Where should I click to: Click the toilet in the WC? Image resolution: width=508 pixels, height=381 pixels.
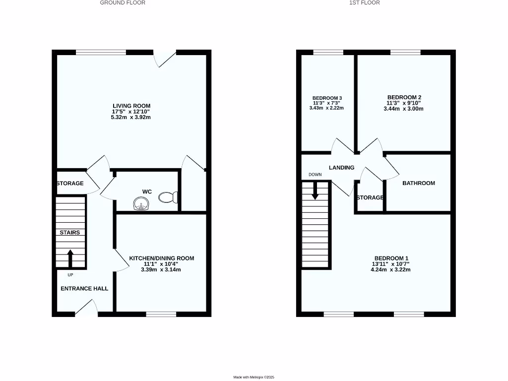tap(168, 197)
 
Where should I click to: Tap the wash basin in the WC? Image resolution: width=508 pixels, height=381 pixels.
tap(141, 203)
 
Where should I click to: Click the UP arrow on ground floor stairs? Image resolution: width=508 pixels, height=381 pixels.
tap(70, 258)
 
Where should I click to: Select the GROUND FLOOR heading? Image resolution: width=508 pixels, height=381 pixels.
tap(123, 2)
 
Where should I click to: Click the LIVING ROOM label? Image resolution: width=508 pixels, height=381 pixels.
tap(131, 106)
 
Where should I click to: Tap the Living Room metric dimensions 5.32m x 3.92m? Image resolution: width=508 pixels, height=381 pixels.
tap(131, 118)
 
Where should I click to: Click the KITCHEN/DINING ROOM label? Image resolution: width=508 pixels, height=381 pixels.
tap(162, 258)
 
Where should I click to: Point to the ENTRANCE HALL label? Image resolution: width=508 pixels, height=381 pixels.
tap(84, 288)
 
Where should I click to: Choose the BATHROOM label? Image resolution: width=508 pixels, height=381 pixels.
tap(419, 183)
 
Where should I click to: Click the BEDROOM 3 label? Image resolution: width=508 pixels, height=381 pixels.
tap(327, 98)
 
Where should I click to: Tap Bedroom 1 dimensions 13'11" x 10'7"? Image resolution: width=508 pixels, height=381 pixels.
tap(391, 264)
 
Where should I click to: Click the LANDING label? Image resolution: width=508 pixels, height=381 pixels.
tap(342, 168)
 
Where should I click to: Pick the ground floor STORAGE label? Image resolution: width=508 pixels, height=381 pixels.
tap(70, 184)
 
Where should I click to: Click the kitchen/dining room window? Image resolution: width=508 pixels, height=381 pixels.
tap(161, 314)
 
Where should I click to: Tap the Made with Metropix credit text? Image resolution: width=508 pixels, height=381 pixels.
tap(254, 378)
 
